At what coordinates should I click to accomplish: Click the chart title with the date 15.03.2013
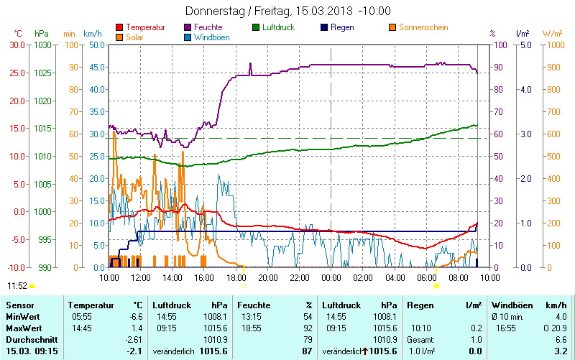click(x=287, y=11)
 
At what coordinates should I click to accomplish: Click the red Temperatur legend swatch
click(x=119, y=27)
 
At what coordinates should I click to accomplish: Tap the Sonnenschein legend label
click(x=422, y=27)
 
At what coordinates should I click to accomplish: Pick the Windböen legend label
click(x=212, y=37)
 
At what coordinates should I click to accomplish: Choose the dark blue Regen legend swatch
click(x=324, y=27)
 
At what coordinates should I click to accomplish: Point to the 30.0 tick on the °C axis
click(x=17, y=45)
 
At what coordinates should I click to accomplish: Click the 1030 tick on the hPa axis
click(x=42, y=45)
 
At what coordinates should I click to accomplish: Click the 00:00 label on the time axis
click(x=331, y=277)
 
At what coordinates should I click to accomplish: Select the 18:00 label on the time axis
click(x=236, y=277)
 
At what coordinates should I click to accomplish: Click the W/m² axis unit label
click(x=552, y=33)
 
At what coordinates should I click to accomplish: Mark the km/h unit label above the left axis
click(x=93, y=33)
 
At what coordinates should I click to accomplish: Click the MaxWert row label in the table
click(x=22, y=328)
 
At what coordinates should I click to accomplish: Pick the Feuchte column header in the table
click(x=253, y=305)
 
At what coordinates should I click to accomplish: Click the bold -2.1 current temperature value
click(x=134, y=351)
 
